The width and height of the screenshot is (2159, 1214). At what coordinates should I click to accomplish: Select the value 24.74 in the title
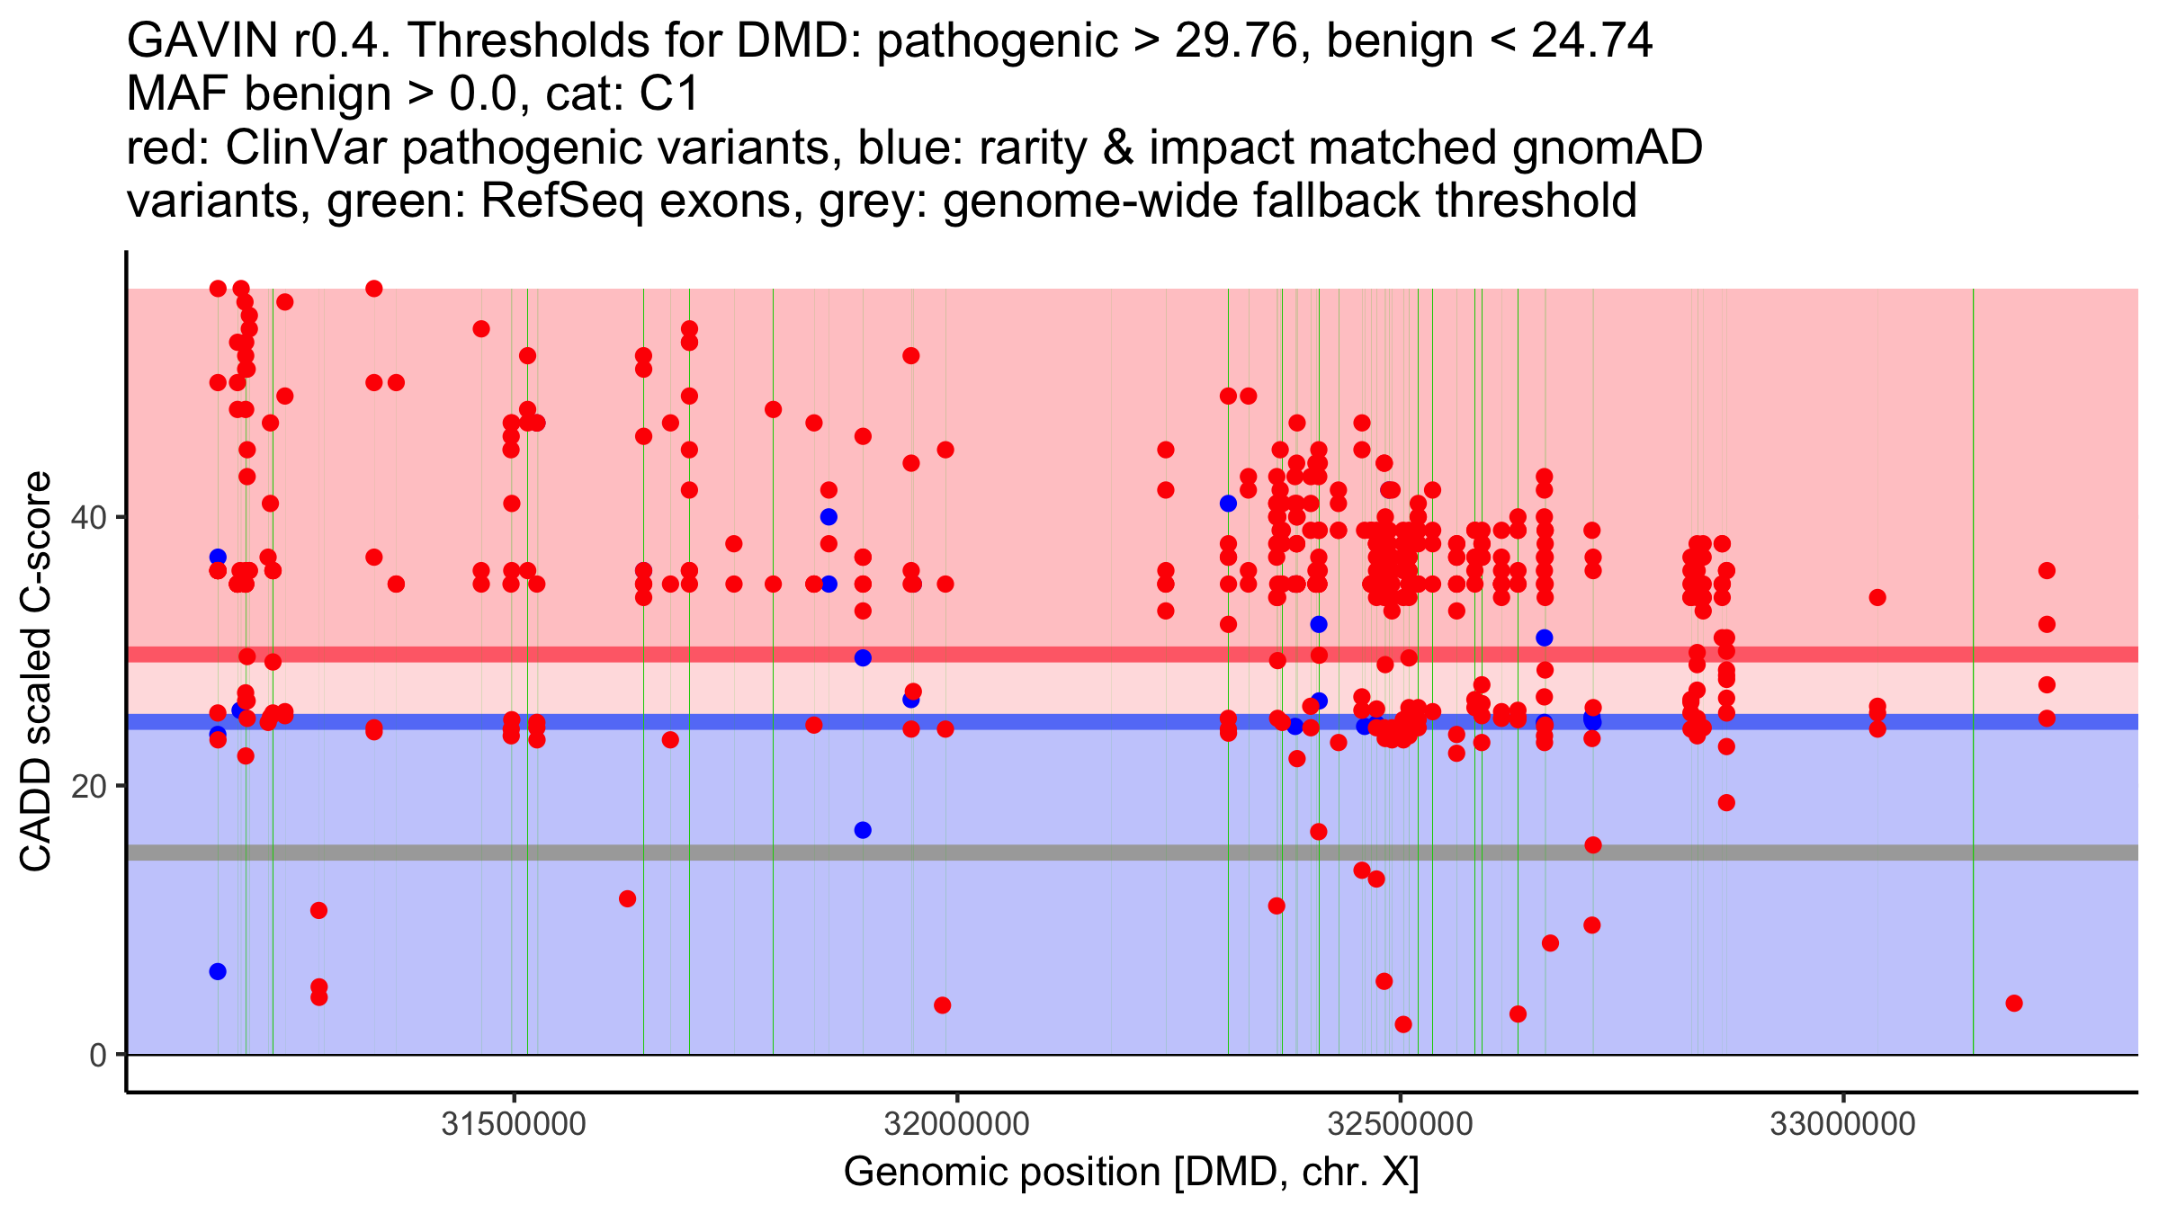(x=1592, y=40)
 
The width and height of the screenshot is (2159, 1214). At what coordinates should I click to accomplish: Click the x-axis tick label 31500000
(x=514, y=1124)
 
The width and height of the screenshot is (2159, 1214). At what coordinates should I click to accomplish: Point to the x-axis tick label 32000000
(x=957, y=1124)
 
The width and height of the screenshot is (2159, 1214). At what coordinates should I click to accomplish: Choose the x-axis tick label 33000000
(x=1843, y=1124)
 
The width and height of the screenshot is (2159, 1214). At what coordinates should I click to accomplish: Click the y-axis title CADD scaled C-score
(x=36, y=671)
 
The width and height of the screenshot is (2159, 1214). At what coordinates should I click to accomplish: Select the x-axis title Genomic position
(x=1002, y=1173)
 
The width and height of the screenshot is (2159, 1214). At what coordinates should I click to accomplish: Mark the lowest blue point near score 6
(x=218, y=971)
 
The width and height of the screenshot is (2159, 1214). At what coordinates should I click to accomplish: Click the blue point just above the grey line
(x=863, y=830)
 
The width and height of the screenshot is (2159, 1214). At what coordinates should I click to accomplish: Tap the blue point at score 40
(x=829, y=516)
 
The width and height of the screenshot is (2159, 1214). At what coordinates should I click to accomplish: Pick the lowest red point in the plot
(x=1402, y=1024)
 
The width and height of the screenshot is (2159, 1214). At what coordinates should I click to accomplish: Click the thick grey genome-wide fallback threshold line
(x=1133, y=852)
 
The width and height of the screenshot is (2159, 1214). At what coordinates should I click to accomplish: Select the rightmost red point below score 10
(x=2014, y=1003)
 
